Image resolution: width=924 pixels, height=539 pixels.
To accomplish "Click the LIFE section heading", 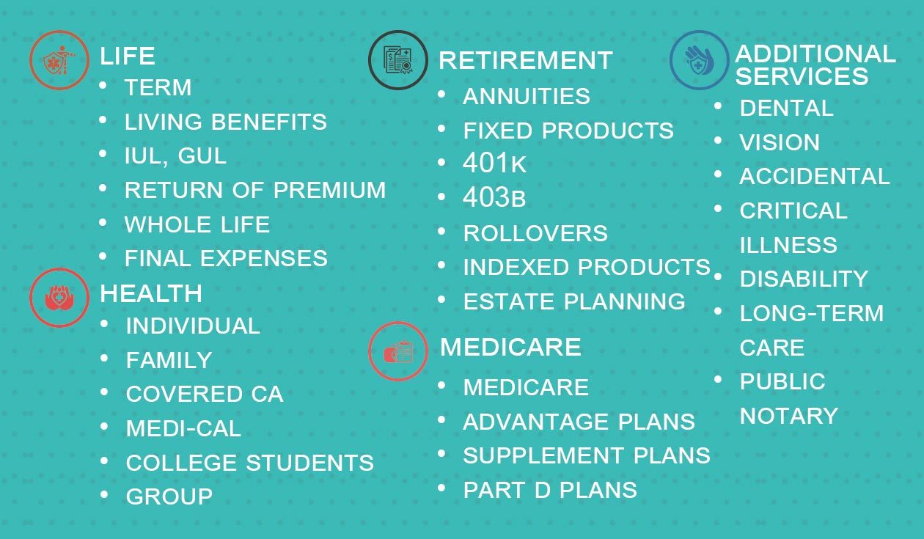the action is pos(128,56).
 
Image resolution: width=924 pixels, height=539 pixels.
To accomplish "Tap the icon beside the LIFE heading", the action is pos(59,60).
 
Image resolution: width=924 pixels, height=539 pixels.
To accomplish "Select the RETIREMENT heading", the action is pos(526,61).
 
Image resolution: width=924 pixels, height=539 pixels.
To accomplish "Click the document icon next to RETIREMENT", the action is pos(398,60).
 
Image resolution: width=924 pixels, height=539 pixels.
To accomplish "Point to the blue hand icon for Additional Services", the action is pos(699,60).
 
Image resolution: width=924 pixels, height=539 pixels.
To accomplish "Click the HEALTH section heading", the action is pos(151,293).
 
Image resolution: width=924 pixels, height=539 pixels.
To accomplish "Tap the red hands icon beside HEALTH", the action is pos(59,298).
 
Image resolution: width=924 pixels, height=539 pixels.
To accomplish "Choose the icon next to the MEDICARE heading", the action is pos(398,351).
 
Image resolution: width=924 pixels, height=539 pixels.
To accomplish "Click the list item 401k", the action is pos(494,163).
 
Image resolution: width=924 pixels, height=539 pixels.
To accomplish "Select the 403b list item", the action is pos(494,197).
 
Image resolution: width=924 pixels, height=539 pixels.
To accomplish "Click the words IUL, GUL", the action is pos(175,156).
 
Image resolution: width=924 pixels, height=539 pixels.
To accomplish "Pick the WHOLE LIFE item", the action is pos(197,224).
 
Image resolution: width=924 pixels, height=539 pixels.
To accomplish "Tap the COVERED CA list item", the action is pos(205,394).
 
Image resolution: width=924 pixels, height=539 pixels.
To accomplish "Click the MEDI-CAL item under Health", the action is pos(183,428).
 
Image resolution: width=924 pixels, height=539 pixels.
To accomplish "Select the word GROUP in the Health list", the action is pos(169,496).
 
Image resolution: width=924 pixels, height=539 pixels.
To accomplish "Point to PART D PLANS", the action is pos(550,490).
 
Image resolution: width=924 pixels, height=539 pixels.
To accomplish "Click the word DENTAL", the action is pos(786,108).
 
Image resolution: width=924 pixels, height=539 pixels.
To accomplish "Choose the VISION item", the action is pos(780,142).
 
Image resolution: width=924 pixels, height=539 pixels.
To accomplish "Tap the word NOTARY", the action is pos(789,415).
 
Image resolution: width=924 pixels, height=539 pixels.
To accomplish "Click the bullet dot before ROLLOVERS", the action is pos(441,231).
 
